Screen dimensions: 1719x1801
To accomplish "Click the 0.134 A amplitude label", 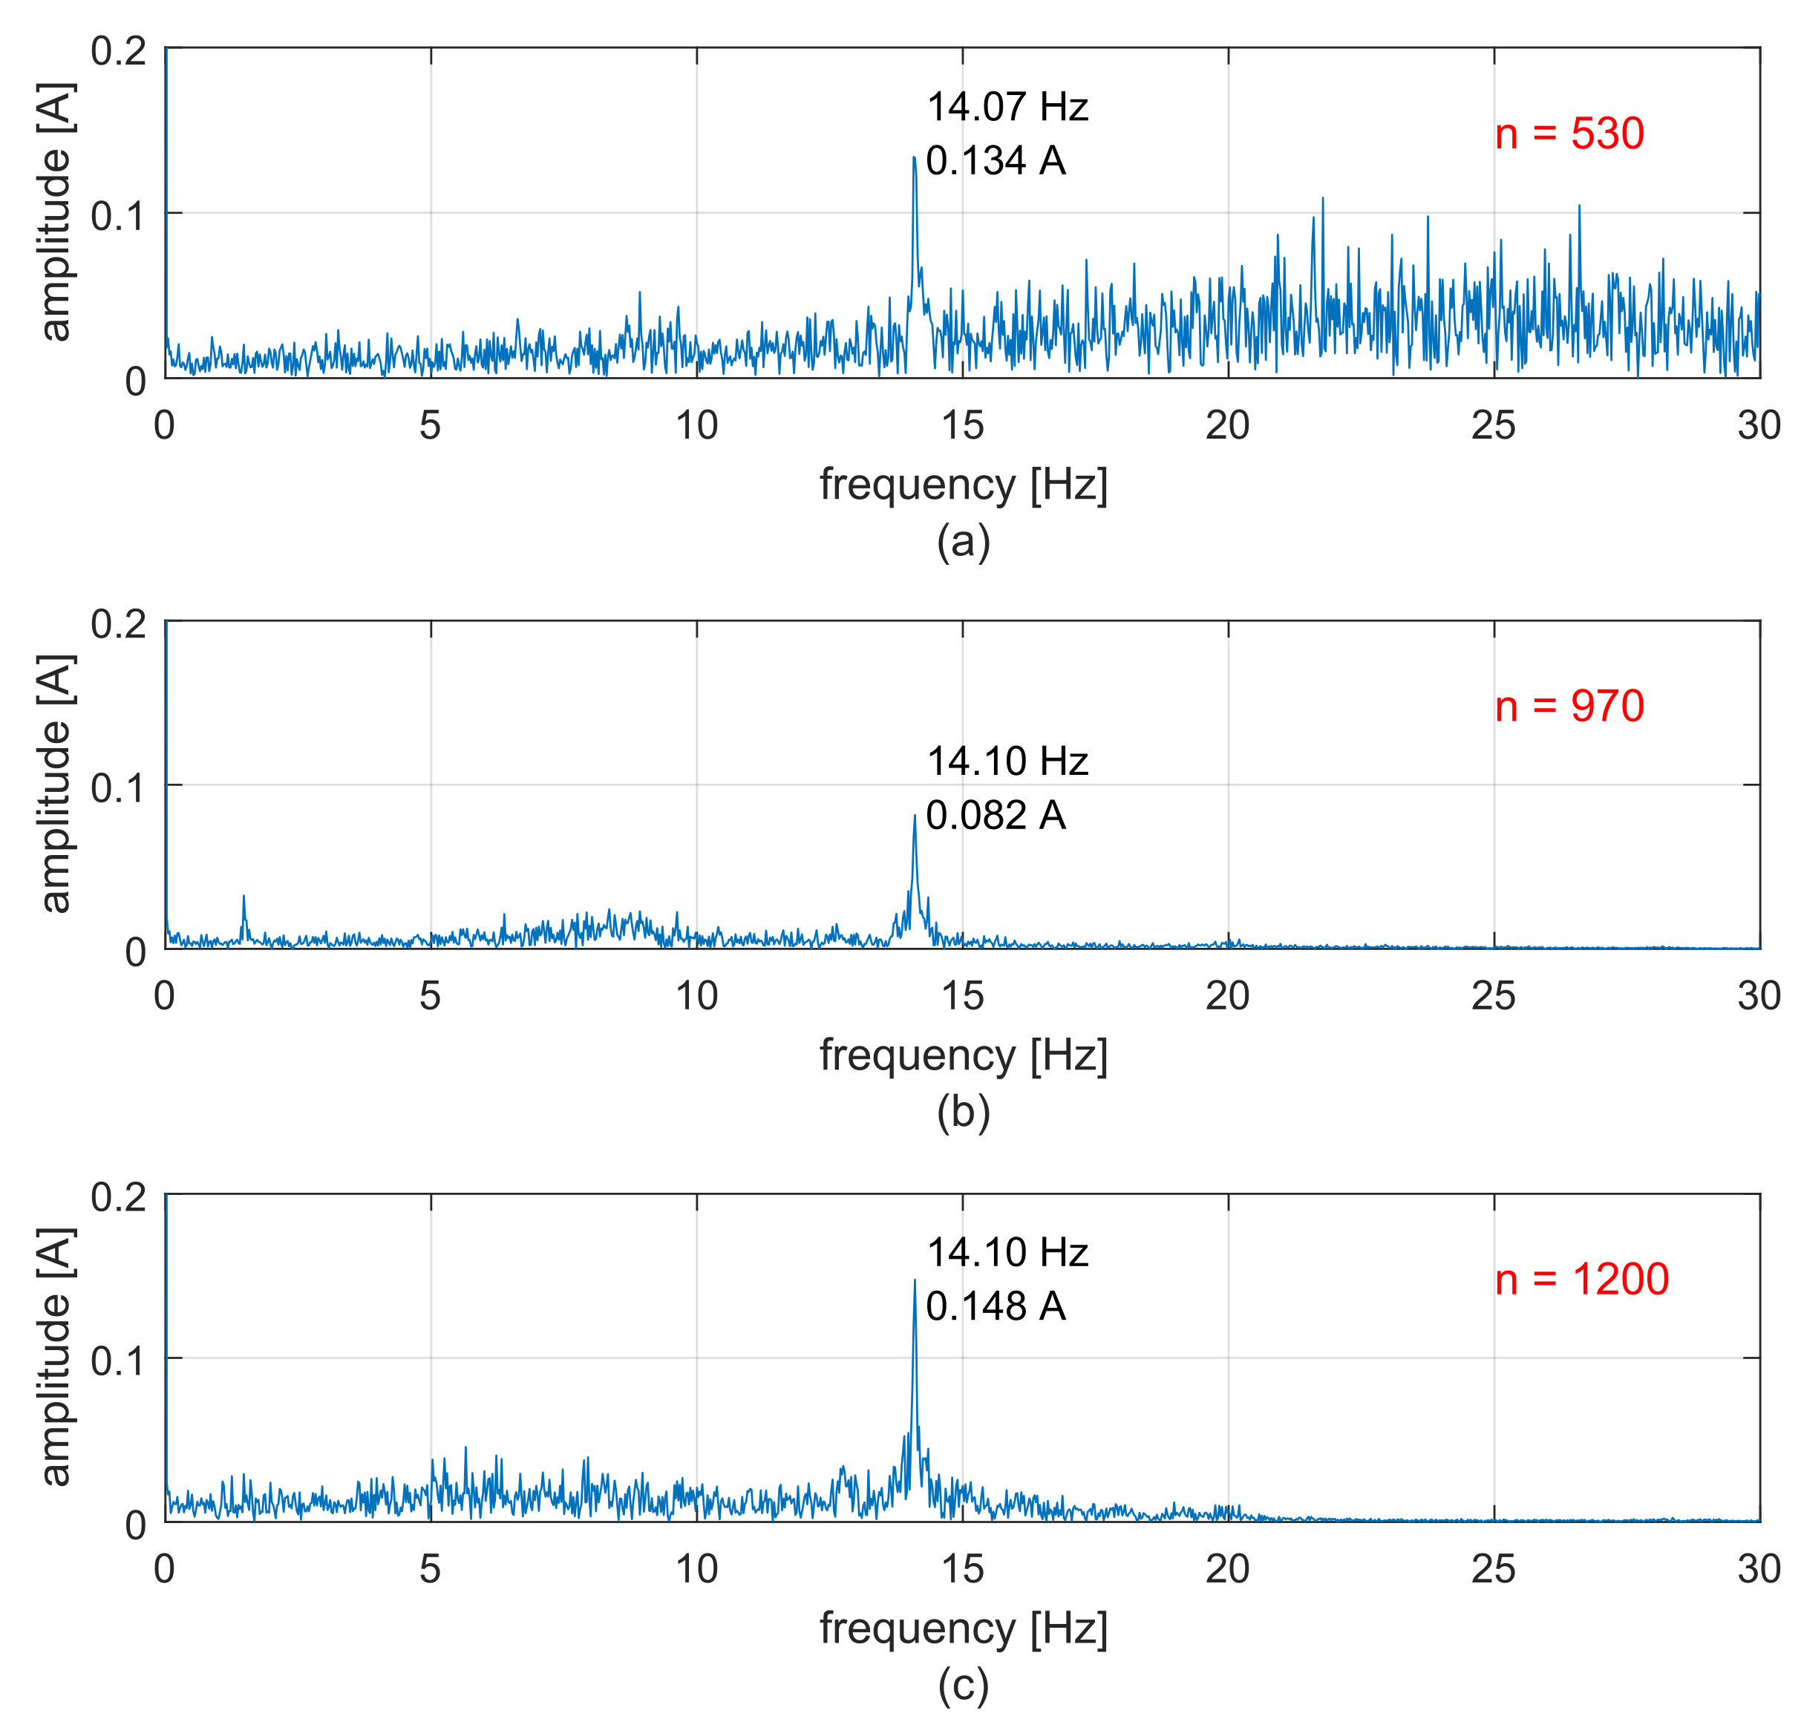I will (995, 161).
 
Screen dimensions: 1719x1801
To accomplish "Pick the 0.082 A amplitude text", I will (995, 816).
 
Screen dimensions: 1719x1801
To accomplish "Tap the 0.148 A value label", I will (995, 1306).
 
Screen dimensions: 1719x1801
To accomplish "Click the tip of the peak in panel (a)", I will (914, 157).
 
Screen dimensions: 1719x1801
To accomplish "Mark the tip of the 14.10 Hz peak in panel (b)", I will (914, 815).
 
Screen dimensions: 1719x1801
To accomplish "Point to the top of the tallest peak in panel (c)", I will (914, 1280).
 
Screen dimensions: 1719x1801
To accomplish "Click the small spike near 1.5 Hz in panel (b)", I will (243, 896).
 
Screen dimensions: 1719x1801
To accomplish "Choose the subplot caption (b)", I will (962, 1113).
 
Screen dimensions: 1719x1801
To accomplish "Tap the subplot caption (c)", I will (962, 1684).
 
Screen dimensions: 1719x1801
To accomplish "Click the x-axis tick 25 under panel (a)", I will (1493, 425).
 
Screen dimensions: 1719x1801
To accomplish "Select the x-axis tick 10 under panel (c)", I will (696, 1570).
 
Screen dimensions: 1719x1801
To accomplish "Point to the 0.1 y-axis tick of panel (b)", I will (118, 787).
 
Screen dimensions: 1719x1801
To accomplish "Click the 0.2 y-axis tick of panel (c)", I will (118, 1196).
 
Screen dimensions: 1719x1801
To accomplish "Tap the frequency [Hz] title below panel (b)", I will (962, 1055).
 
